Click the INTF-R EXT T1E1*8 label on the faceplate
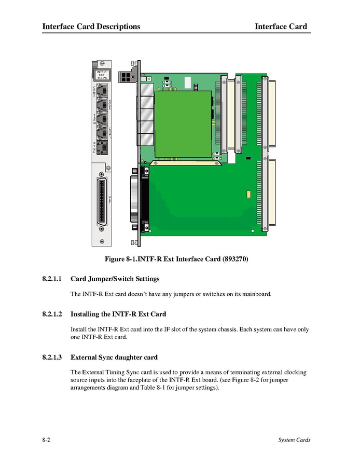(102, 76)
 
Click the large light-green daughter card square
(184, 125)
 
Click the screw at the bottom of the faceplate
(102, 240)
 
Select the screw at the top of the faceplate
(102, 65)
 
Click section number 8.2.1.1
(52, 279)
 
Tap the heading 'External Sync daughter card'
(114, 358)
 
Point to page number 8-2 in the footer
(46, 441)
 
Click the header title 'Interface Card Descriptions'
(91, 26)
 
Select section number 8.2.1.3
(52, 358)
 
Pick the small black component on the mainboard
(248, 157)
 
